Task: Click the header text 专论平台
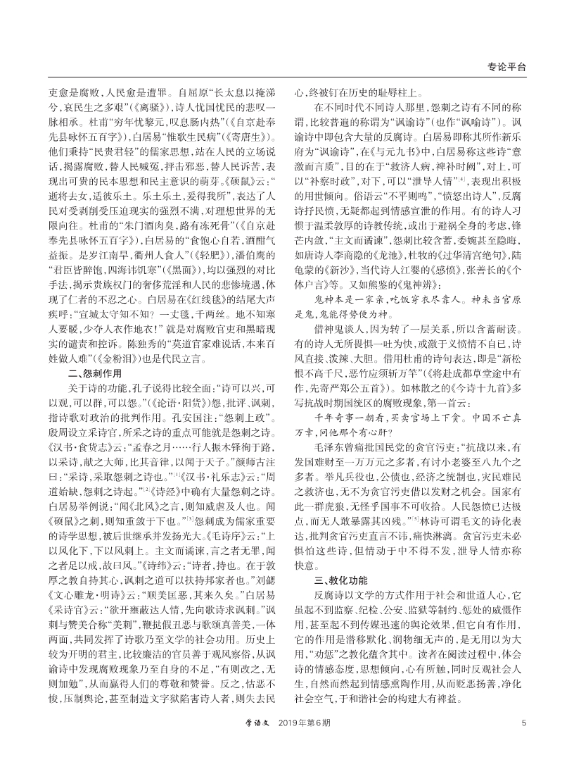point(506,67)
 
